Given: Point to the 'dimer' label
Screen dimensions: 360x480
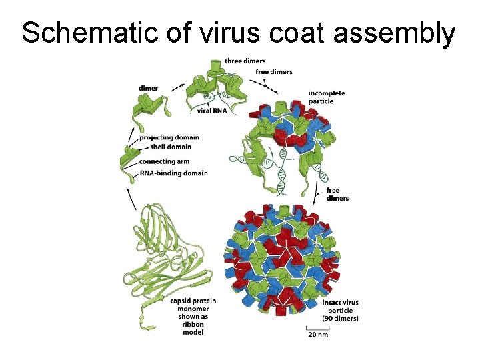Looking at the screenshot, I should [x=148, y=88].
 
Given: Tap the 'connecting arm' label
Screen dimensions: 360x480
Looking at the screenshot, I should [x=164, y=161].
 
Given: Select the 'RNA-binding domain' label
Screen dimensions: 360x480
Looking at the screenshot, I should [x=173, y=173].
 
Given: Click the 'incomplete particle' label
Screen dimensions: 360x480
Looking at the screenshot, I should [x=327, y=97].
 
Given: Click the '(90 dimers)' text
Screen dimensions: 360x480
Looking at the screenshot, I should [x=340, y=318].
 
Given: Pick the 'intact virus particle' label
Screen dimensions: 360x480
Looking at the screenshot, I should [x=340, y=307].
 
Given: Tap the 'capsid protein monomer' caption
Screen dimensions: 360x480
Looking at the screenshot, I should [x=193, y=305].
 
